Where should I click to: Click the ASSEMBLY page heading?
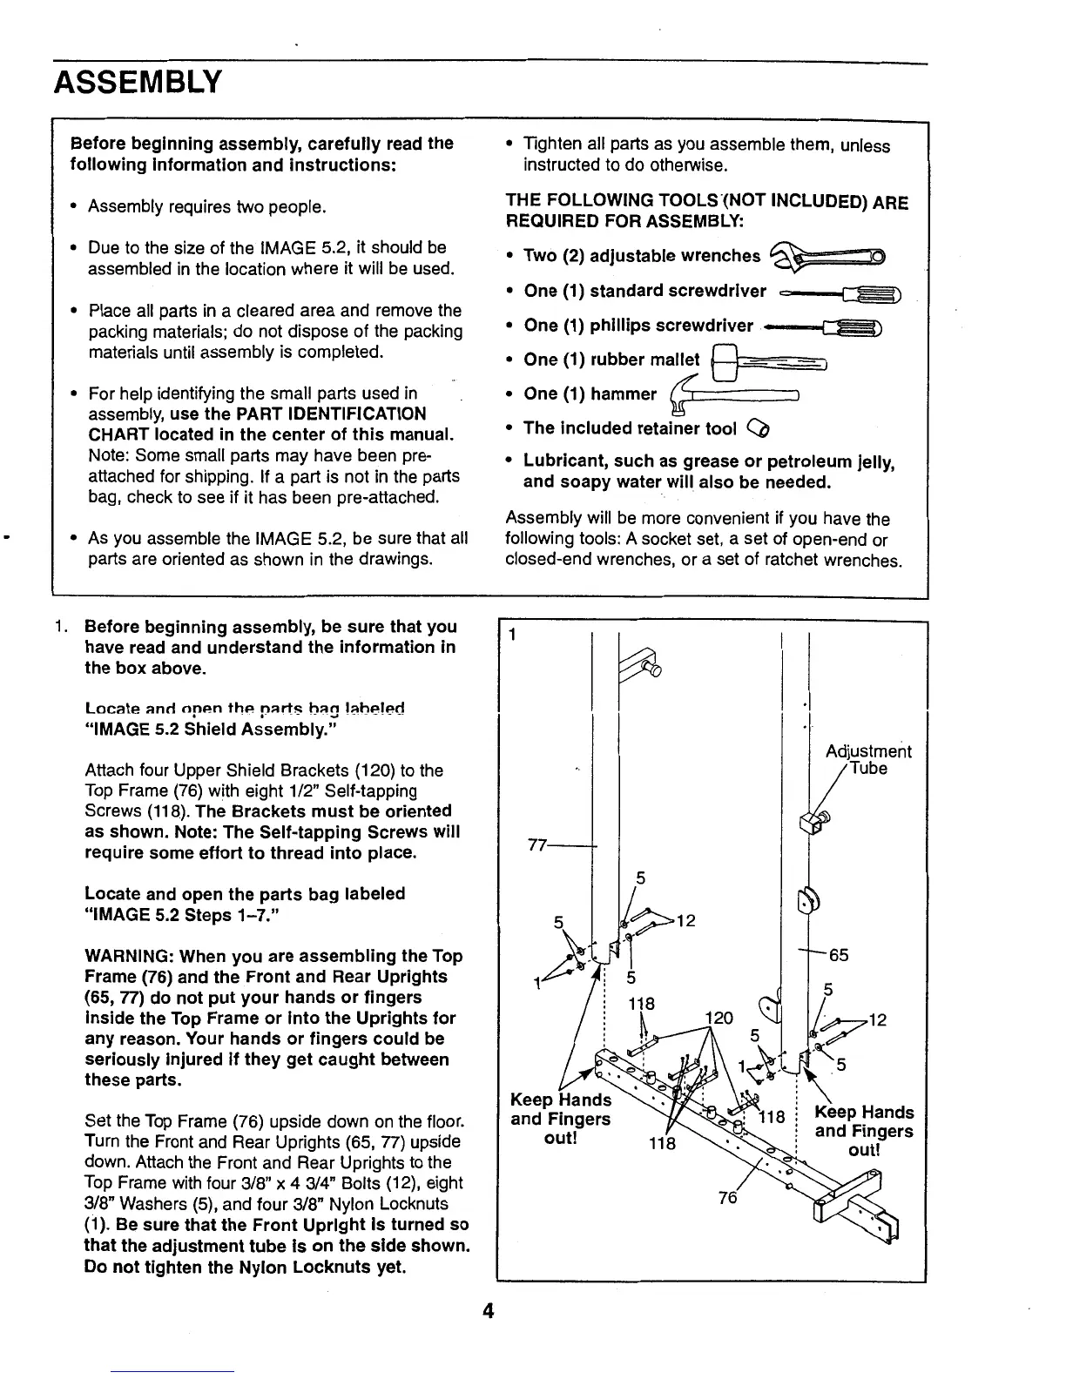pyautogui.click(x=138, y=84)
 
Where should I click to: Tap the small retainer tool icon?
pyautogui.click(x=759, y=428)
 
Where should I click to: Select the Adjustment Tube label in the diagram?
pyautogui.click(x=867, y=759)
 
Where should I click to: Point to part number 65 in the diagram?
pyautogui.click(x=839, y=955)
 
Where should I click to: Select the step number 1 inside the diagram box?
pyautogui.click(x=514, y=635)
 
